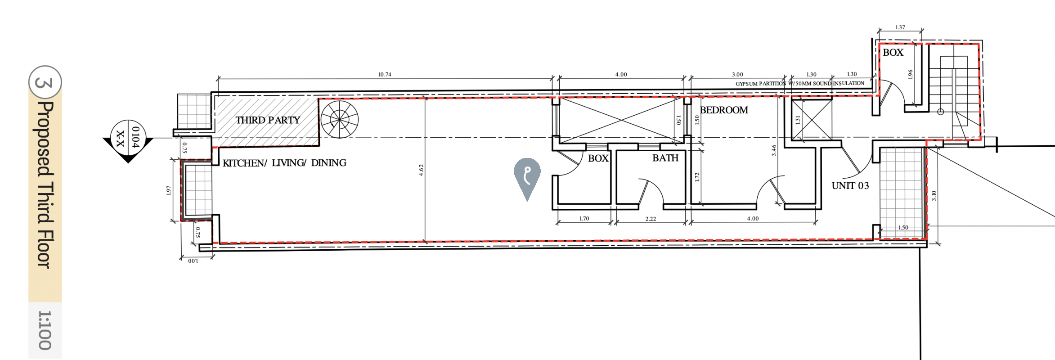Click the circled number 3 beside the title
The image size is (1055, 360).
(x=45, y=82)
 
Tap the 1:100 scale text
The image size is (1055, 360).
(x=45, y=330)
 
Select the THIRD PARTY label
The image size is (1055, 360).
(x=268, y=120)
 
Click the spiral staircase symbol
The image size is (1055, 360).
(x=340, y=119)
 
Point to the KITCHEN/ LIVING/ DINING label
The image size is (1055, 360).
(x=284, y=163)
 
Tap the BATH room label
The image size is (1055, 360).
(x=665, y=158)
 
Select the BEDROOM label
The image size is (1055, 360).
(x=724, y=110)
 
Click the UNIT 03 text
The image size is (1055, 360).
(x=850, y=186)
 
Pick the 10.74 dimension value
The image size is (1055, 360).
(x=385, y=75)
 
